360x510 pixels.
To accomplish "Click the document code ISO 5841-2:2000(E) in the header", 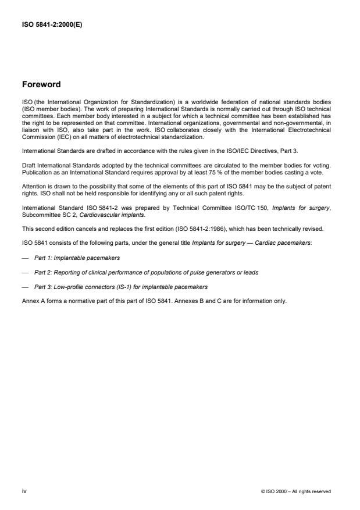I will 52,26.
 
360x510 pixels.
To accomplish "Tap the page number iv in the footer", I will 24,491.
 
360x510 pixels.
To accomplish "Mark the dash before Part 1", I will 26,256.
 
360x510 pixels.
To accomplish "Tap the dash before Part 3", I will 26,287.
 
